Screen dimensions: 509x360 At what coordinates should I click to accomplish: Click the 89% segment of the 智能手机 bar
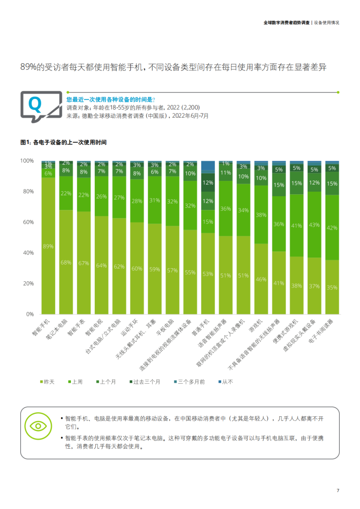49,246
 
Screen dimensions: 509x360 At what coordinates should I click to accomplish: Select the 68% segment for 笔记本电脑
66,262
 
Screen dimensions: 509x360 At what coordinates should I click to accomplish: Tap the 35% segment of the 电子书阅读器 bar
332,287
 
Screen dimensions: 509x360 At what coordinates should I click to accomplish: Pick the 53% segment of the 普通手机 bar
208,274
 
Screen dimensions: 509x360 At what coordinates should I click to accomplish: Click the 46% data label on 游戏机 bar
261,279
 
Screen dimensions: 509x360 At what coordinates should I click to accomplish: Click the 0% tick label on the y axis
29,314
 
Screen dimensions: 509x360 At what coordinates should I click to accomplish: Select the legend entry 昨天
48,382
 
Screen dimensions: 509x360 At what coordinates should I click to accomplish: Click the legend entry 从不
225,382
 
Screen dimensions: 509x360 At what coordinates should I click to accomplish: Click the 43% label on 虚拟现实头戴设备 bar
314,225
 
